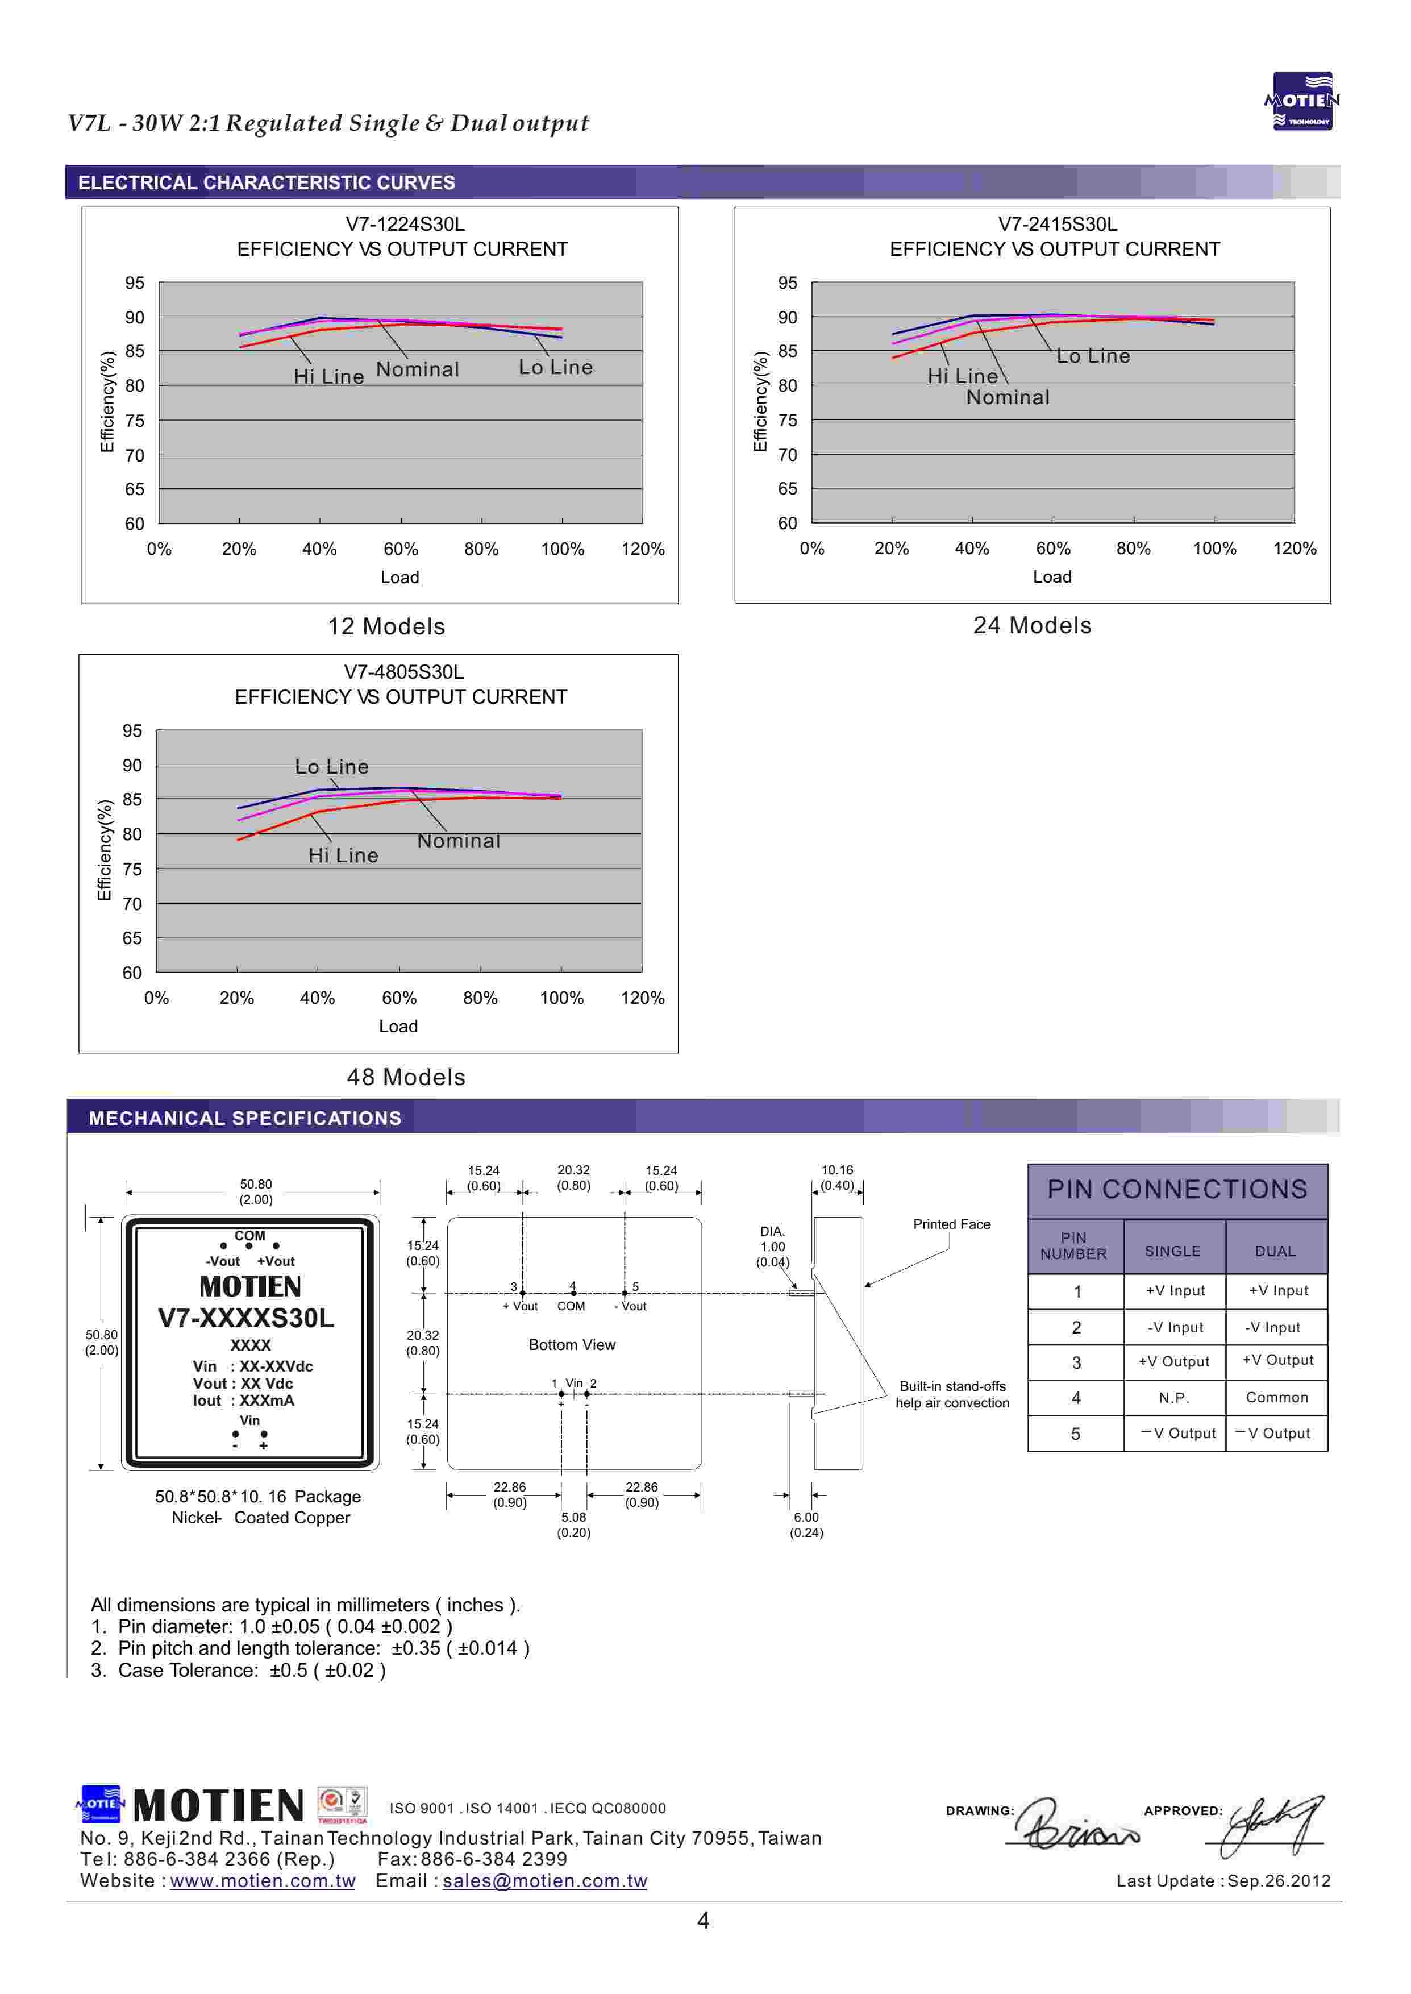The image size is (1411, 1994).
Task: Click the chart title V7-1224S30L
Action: click(x=405, y=224)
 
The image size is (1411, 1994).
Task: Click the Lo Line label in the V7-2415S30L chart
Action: click(x=1092, y=356)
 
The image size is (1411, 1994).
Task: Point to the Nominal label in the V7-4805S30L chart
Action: click(x=458, y=841)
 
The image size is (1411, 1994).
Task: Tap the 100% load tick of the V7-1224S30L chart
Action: click(x=562, y=549)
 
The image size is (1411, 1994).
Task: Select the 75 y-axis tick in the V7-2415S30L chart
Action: click(x=787, y=421)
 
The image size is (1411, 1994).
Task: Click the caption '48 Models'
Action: click(x=406, y=1077)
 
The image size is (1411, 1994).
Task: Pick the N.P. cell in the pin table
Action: click(x=1174, y=1398)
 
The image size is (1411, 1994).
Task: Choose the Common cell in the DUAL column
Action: click(x=1276, y=1398)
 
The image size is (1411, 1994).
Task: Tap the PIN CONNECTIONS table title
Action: click(x=1177, y=1190)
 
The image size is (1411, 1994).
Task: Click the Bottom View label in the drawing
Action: click(x=572, y=1345)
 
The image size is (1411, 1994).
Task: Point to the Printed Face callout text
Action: click(x=951, y=1224)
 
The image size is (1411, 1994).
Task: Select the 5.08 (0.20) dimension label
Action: click(x=573, y=1525)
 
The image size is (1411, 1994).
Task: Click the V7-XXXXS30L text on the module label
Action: click(x=246, y=1318)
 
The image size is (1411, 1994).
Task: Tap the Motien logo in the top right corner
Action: click(x=1301, y=101)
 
